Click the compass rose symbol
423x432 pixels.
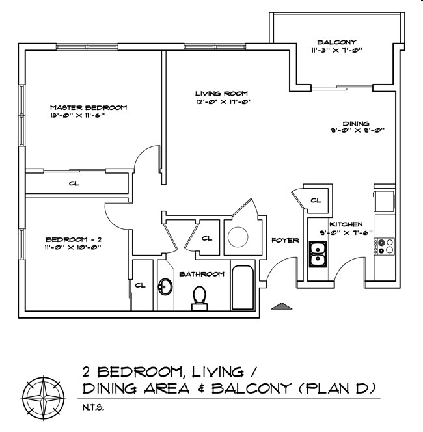pos(44,398)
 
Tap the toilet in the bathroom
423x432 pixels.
pos(200,299)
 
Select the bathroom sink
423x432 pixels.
pos(165,287)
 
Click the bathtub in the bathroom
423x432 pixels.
pos(243,288)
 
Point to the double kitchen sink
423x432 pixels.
pos(318,254)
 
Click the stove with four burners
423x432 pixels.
pos(384,247)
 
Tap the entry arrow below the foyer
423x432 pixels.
pos(281,306)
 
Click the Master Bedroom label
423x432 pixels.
pos(89,107)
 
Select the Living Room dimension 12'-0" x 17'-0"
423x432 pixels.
pos(223,102)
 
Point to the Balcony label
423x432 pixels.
pos(336,42)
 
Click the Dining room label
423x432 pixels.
pos(356,124)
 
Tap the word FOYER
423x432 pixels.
pos(285,241)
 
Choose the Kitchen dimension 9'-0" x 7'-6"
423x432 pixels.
pos(346,232)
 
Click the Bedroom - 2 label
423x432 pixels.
pos(74,239)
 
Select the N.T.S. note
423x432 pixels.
pos(94,407)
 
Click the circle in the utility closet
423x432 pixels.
pos(238,237)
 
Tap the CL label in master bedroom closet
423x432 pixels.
pos(74,183)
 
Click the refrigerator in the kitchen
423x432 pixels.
pos(384,201)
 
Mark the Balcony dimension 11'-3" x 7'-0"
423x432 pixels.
pos(336,50)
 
